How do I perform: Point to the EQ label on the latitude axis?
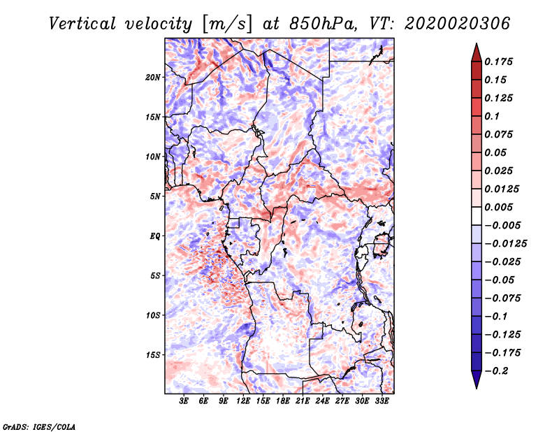pyautogui.click(x=155, y=236)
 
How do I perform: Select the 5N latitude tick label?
pyautogui.click(x=155, y=196)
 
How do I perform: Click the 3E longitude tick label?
pyautogui.click(x=184, y=402)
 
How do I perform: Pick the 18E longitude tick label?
pyautogui.click(x=283, y=402)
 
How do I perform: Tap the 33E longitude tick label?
pyautogui.click(x=382, y=402)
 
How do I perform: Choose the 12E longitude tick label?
pyautogui.click(x=243, y=402)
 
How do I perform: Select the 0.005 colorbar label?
pyautogui.click(x=500, y=207)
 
